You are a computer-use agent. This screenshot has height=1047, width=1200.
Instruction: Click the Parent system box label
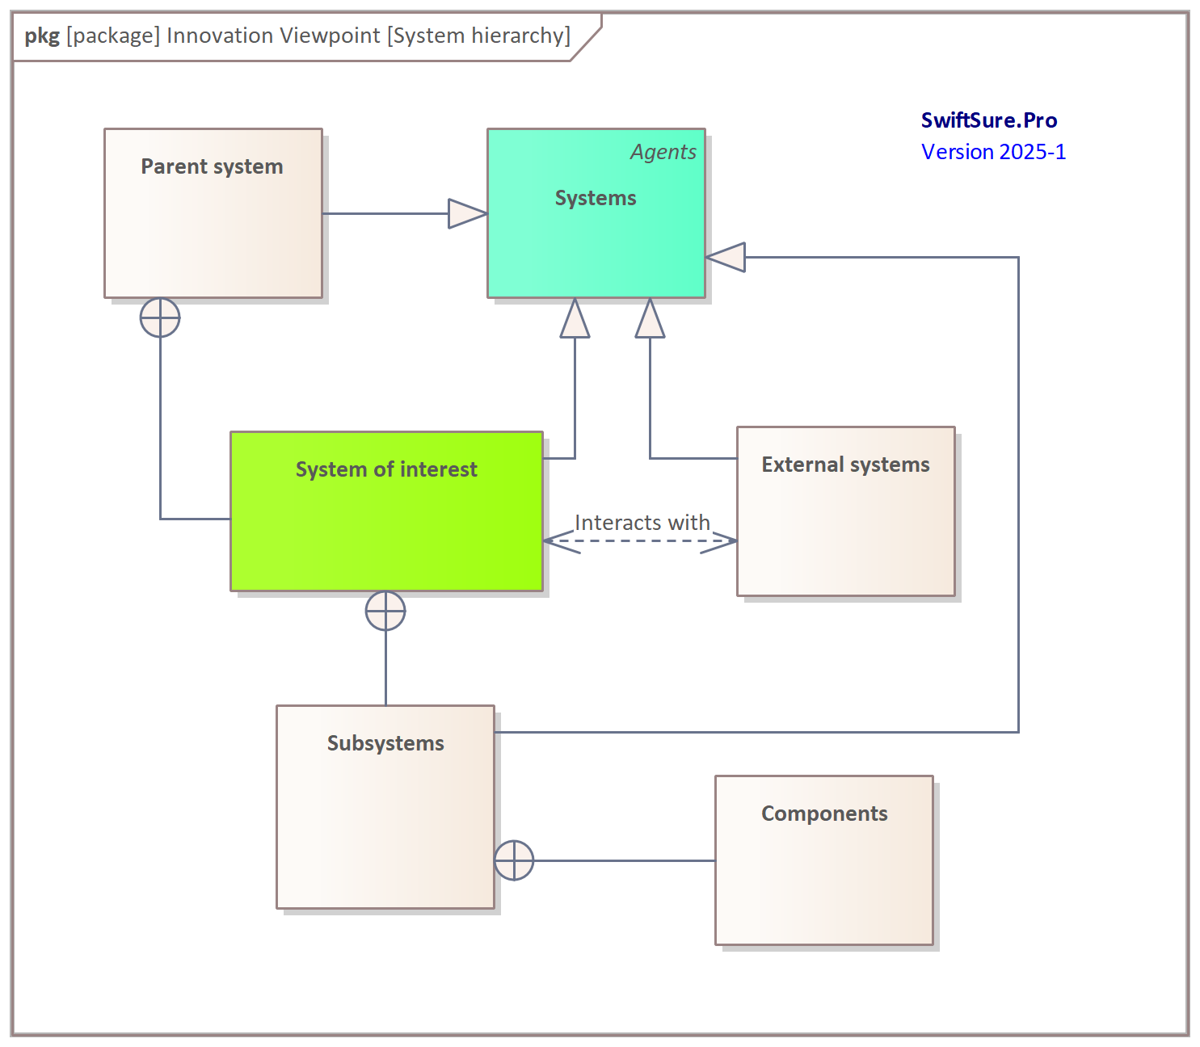(212, 166)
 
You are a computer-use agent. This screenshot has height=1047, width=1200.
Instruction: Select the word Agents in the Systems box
(663, 152)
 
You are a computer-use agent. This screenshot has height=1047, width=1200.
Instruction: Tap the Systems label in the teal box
(596, 198)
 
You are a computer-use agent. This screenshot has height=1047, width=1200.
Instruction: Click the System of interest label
(386, 469)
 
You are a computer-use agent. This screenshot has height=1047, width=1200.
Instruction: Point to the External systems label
(845, 465)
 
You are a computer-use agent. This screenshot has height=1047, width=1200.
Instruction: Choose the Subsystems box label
(385, 743)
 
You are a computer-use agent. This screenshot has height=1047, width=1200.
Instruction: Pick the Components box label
(824, 814)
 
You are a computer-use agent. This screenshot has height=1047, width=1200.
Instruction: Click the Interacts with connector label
(642, 523)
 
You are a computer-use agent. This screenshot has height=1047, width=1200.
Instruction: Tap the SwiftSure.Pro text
(989, 120)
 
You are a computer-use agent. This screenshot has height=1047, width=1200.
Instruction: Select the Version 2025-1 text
(993, 152)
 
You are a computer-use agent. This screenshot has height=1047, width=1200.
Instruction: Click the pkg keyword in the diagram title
(42, 36)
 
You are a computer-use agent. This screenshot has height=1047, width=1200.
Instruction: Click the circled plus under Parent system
(160, 317)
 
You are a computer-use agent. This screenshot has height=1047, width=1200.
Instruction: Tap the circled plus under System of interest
(385, 611)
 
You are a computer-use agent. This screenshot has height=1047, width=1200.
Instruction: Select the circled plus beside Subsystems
(514, 860)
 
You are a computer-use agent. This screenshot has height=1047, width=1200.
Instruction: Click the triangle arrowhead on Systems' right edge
(726, 258)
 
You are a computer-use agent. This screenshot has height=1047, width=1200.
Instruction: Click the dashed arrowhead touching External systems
(722, 540)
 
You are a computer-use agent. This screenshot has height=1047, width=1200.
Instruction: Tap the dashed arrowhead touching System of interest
(559, 540)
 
